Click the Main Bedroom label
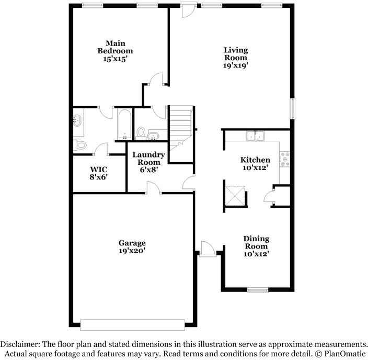115,47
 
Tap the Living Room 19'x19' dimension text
236,66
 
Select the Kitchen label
255,160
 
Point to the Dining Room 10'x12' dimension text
256,254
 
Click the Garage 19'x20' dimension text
132,251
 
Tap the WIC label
99,170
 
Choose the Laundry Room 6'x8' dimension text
148,170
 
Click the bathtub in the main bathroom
124,124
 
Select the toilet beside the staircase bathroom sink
142,132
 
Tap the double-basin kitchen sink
256,136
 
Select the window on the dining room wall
258,290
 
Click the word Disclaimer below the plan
19,344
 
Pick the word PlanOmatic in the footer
344,353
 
